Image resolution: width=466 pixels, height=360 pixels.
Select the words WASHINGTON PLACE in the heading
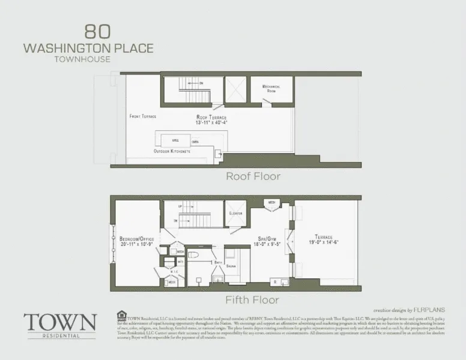(x=88, y=47)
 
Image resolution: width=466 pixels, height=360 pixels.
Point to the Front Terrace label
(x=143, y=116)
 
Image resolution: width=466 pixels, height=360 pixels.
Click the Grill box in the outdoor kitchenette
(x=177, y=140)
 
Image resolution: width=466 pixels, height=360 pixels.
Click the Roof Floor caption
(x=253, y=176)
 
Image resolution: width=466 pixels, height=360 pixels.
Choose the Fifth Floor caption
(x=253, y=299)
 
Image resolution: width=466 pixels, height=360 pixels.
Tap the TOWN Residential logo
(x=59, y=324)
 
